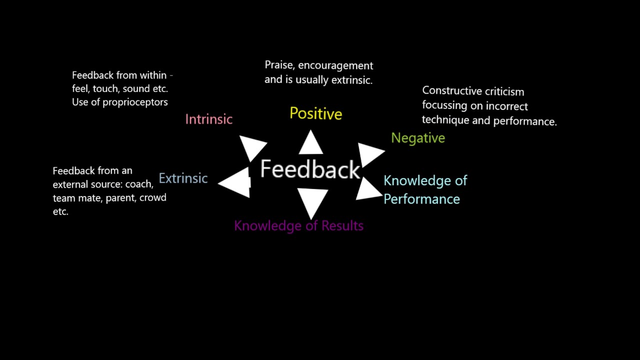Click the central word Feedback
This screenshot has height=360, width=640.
[310, 169]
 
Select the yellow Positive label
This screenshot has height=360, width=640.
[315, 113]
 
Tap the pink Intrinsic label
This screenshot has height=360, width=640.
[209, 119]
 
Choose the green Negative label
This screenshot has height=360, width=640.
[418, 138]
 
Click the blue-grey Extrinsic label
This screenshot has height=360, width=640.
[183, 178]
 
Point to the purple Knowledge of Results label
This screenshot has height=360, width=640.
[299, 226]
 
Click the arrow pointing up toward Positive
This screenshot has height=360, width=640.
[311, 142]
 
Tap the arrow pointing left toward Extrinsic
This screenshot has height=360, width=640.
[235, 183]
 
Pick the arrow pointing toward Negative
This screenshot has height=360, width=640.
[370, 154]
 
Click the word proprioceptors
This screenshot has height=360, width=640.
[135, 102]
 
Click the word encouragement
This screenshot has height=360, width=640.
[335, 66]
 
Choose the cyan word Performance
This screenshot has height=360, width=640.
[421, 199]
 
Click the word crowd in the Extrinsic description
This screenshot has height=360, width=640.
[153, 197]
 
